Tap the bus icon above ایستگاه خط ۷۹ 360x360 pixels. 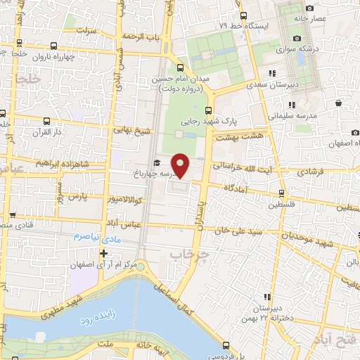click(x=243, y=15)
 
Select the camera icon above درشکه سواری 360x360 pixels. click(x=297, y=38)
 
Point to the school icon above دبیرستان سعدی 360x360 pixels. click(x=271, y=73)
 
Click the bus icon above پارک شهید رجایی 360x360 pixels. click(x=208, y=110)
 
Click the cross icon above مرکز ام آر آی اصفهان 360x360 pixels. click(x=104, y=253)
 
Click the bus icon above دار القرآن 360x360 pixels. click(x=46, y=120)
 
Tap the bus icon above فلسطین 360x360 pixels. click(x=281, y=193)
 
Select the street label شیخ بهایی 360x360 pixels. click(x=132, y=131)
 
